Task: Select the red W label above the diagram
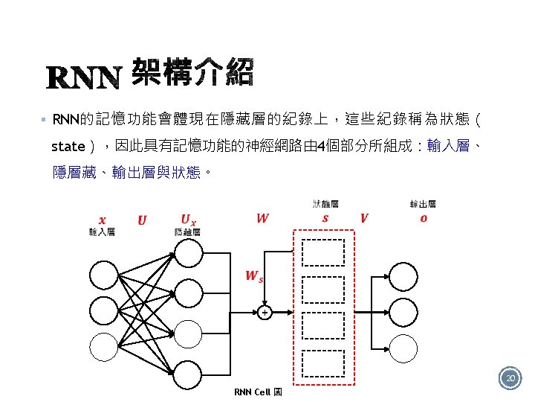[262, 218]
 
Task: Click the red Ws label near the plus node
[253, 276]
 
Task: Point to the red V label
[363, 218]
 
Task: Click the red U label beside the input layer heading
[142, 220]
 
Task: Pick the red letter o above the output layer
[424, 218]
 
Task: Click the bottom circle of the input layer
[104, 345]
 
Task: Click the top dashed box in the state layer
[322, 253]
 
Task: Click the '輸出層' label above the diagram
[423, 204]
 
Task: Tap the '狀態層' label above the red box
[325, 203]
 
